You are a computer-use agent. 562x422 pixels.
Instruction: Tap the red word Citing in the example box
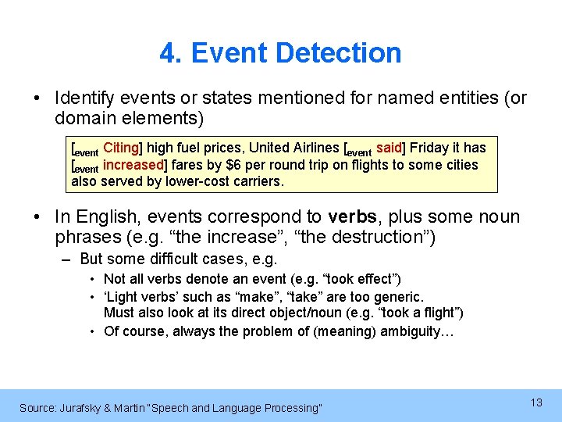click(121, 148)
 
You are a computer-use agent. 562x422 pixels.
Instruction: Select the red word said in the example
click(389, 148)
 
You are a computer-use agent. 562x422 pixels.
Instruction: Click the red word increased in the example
click(133, 165)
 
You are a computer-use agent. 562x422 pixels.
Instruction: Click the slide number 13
click(536, 402)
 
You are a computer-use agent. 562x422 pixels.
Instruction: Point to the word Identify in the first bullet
click(83, 98)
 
